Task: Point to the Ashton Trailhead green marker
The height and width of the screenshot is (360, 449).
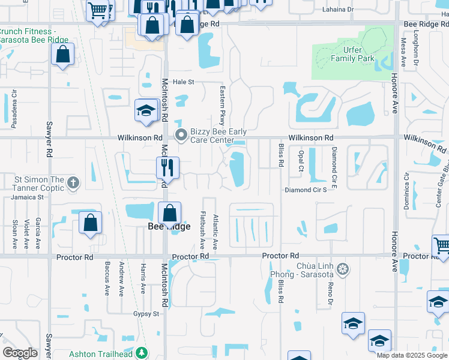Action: (141, 353)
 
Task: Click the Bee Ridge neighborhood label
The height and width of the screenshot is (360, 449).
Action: (169, 226)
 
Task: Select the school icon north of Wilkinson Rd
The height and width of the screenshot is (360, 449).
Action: (145, 110)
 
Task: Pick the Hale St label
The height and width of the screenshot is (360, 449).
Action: (184, 82)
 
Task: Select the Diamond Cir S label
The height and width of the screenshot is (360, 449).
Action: (305, 190)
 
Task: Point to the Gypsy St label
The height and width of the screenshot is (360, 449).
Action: (146, 314)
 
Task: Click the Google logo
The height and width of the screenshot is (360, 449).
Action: (20, 353)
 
